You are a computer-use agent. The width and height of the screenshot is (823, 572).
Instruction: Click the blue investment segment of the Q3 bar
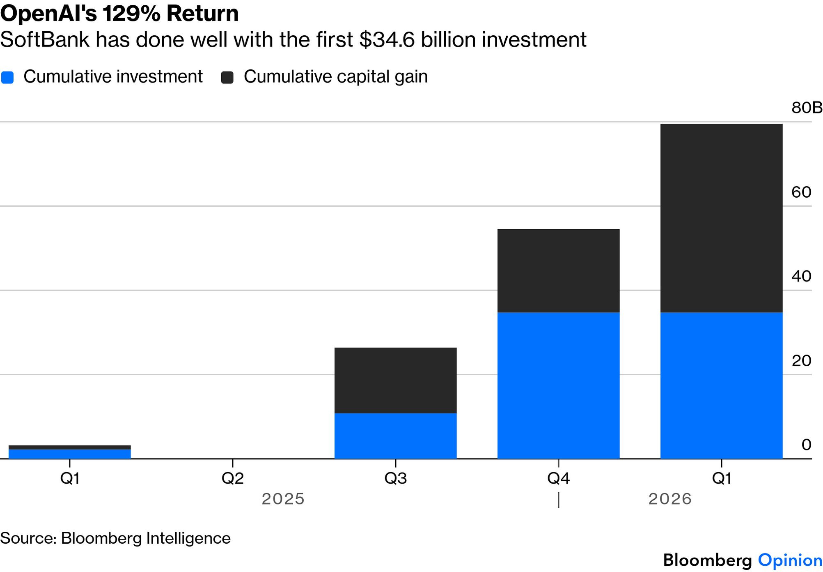[395, 436]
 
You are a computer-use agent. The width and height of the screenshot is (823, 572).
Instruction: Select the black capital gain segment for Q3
[395, 381]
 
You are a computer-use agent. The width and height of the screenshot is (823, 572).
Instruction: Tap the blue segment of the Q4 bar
[558, 385]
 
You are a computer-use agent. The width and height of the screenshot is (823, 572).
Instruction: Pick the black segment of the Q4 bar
[558, 271]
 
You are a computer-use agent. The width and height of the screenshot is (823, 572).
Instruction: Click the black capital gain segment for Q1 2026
[721, 218]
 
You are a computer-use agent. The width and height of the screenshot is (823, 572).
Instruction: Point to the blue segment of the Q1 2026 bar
[721, 385]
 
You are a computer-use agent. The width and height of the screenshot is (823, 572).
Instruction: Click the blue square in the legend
[7, 77]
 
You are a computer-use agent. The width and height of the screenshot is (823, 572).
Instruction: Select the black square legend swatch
[227, 77]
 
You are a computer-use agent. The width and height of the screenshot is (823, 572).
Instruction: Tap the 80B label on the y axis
[807, 108]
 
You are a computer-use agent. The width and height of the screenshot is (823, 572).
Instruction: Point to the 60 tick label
[801, 192]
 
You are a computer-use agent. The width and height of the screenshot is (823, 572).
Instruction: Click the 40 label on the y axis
[801, 276]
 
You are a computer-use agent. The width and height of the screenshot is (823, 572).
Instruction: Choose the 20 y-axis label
[801, 361]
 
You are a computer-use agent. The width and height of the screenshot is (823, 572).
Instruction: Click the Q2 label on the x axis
[233, 478]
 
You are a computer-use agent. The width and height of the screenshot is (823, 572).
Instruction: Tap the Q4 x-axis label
[558, 478]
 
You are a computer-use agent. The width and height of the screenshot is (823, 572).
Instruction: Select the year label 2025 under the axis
[283, 499]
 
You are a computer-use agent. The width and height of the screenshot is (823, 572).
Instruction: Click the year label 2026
[670, 499]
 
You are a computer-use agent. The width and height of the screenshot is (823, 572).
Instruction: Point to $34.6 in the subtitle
[387, 40]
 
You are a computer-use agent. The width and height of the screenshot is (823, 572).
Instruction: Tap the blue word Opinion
[790, 560]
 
